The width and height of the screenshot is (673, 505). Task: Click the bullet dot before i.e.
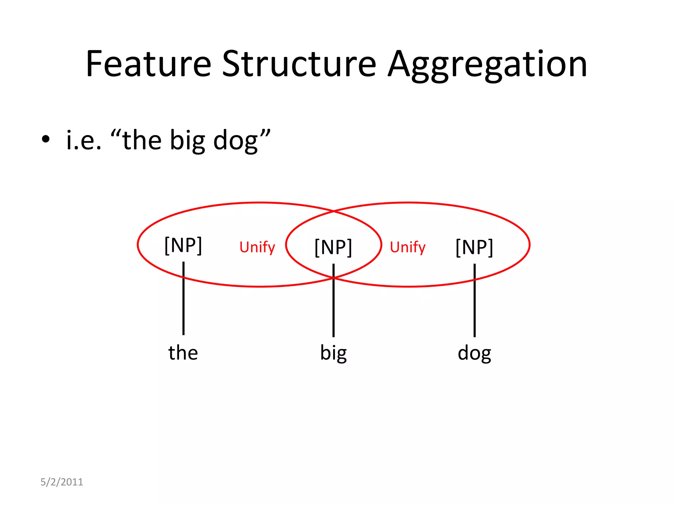point(46,139)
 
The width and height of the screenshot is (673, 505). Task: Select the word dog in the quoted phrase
point(235,141)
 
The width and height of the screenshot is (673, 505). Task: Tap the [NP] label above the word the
point(183,245)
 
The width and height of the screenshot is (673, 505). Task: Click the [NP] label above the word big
point(333,247)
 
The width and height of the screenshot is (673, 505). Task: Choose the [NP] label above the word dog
point(474,247)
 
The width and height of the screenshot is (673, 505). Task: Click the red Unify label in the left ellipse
point(257,247)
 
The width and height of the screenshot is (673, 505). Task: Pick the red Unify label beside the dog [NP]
point(407,247)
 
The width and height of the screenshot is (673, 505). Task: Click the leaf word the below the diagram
point(183,352)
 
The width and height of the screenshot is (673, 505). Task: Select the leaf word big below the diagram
point(333,353)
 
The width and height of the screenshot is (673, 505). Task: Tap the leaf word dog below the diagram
point(474,353)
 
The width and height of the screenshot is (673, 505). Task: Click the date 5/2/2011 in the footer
point(62,482)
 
